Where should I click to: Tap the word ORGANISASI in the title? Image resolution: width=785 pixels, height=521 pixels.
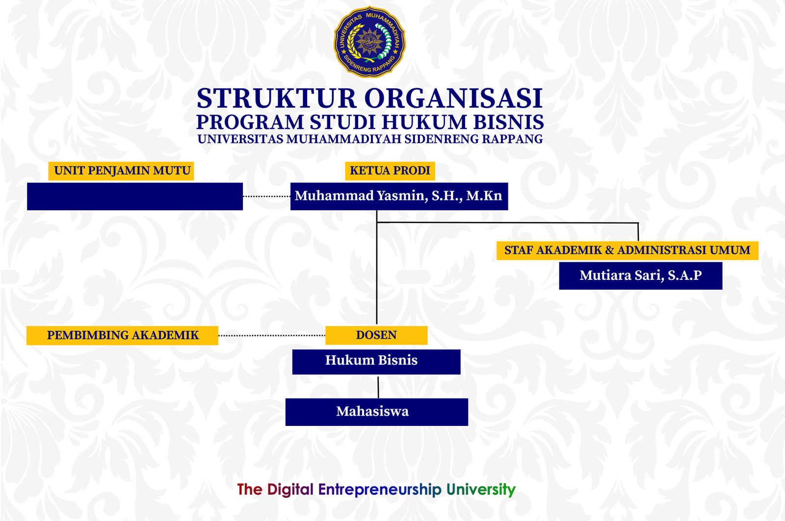(x=453, y=99)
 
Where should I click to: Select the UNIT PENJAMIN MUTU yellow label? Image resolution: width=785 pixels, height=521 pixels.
(x=122, y=171)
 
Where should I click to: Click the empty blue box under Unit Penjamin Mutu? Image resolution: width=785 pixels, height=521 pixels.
(x=135, y=197)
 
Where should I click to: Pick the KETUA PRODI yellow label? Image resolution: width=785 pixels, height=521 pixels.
(x=390, y=171)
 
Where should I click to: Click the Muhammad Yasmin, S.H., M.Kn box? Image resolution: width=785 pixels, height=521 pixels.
(x=399, y=196)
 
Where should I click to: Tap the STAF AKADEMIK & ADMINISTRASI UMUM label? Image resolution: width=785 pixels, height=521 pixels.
(x=627, y=250)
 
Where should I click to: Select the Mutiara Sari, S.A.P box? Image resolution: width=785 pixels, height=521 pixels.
(x=640, y=275)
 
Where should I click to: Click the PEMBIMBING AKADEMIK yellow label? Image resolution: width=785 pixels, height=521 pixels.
(x=122, y=335)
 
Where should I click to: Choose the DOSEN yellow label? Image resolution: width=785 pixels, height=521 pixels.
(x=376, y=335)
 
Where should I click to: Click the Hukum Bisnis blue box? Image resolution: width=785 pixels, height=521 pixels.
(x=376, y=361)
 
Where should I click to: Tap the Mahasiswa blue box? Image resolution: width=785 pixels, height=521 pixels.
(x=376, y=412)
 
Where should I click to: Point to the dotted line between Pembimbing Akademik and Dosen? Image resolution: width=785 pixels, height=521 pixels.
(x=271, y=336)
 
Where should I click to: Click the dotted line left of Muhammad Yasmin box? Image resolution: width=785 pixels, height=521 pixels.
(x=266, y=196)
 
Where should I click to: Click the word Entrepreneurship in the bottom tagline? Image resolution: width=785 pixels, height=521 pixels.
(x=380, y=490)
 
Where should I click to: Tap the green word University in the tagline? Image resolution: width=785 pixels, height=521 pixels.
(x=481, y=490)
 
